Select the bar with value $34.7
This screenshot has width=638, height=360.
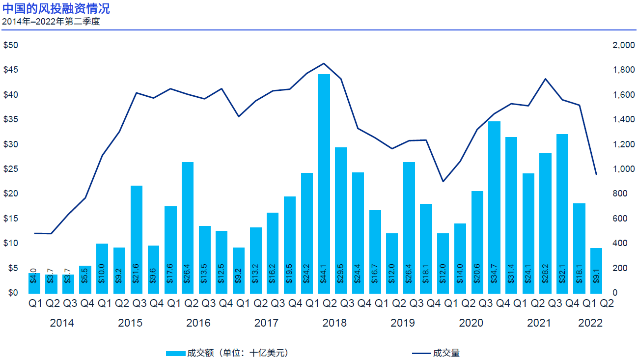(494, 207)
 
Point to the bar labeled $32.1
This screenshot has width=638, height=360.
(562, 213)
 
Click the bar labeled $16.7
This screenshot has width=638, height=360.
(375, 251)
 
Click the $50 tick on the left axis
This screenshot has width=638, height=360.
(11, 45)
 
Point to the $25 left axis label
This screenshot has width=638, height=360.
(11, 169)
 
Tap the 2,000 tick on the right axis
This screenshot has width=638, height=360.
(624, 45)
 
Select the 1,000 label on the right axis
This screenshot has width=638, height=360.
(624, 169)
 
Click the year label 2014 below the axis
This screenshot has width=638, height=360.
(62, 323)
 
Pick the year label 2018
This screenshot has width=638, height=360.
(334, 323)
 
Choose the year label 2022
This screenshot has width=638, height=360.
(590, 323)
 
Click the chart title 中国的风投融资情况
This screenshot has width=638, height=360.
(56, 9)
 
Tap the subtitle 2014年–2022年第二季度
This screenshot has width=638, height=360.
(51, 22)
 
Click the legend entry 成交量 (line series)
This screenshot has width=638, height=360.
(435, 353)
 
